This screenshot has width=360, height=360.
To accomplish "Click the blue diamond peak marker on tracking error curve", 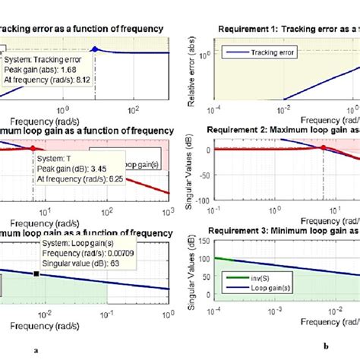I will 94,49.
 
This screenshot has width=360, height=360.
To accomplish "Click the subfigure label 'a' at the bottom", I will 36,351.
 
